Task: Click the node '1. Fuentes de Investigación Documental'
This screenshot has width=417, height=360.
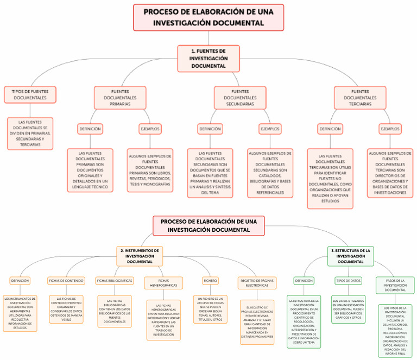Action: point(208,58)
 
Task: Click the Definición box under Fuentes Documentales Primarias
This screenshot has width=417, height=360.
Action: point(90,129)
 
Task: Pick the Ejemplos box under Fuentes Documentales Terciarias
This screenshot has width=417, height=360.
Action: point(390,129)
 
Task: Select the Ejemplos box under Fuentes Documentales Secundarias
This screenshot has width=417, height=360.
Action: point(270,129)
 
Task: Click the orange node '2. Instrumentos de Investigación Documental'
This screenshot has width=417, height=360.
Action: point(140,256)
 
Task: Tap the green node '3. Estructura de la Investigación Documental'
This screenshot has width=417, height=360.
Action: point(351,256)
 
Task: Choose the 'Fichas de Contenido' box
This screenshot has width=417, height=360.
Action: point(66,281)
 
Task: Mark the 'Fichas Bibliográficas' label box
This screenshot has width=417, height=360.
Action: point(115,281)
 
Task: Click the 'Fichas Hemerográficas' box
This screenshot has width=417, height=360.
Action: point(163,283)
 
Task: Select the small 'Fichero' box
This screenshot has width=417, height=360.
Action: point(210,281)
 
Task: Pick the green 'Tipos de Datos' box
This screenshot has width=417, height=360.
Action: point(348,281)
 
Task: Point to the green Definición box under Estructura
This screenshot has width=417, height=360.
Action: point(304,281)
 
